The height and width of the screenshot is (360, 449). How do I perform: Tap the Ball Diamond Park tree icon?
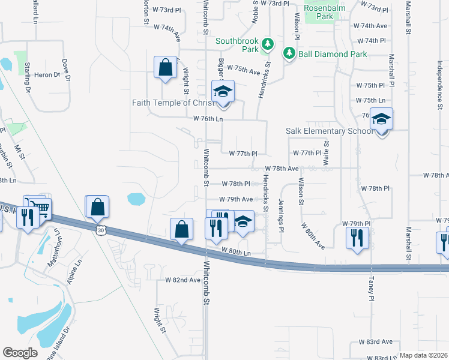pyautogui.click(x=289, y=54)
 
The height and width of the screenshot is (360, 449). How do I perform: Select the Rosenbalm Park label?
pyautogui.click(x=318, y=12)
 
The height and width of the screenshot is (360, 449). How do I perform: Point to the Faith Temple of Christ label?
pyautogui.click(x=169, y=103)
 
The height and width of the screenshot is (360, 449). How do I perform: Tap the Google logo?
pyautogui.click(x=20, y=353)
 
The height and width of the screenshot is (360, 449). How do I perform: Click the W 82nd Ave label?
pyautogui.click(x=183, y=280)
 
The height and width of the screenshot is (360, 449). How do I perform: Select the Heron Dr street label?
pyautogui.click(x=48, y=75)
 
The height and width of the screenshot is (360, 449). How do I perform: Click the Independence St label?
pyautogui.click(x=440, y=83)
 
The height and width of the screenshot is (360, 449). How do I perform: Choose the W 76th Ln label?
pyautogui.click(x=208, y=119)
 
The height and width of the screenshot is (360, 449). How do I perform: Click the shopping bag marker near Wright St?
pyautogui.click(x=165, y=67)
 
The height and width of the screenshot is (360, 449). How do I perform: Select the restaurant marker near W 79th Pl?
pyautogui.click(x=357, y=236)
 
